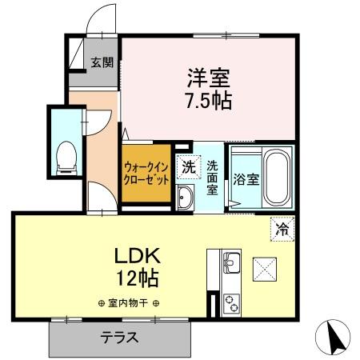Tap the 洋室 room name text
coord(209,78)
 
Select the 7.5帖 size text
coord(209,102)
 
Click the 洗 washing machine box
coord(187,168)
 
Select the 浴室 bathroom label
coord(244,178)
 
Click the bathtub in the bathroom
coord(276,177)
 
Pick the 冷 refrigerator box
coord(282,229)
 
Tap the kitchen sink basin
coord(230,262)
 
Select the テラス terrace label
coord(120,337)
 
